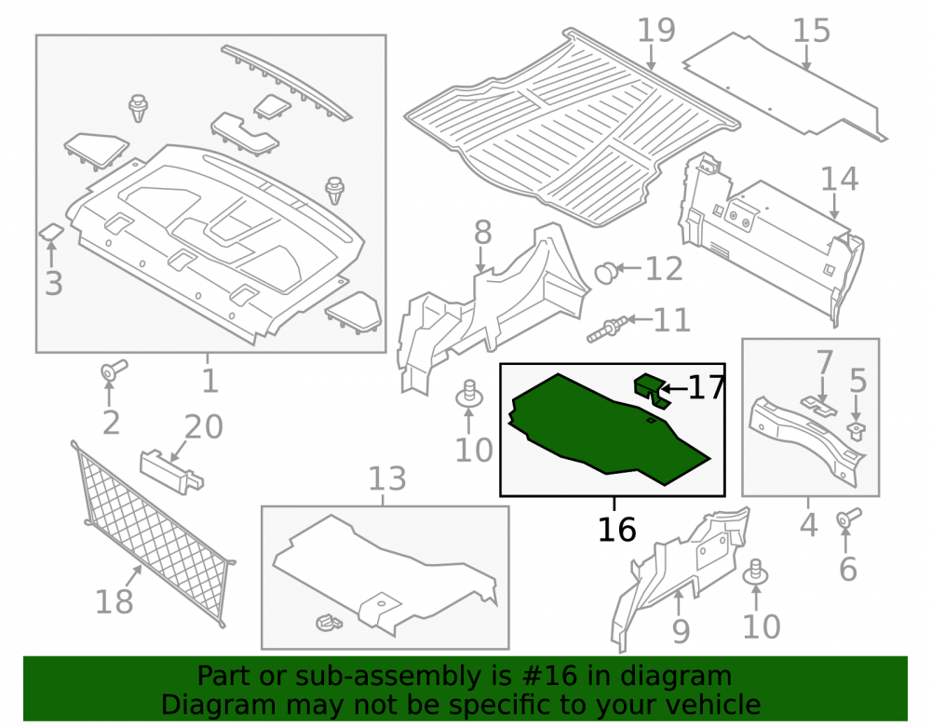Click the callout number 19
[x=656, y=31]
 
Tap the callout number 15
[x=812, y=31]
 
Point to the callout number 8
[x=482, y=232]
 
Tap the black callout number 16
[x=617, y=529]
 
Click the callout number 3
[x=54, y=283]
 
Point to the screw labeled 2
[x=113, y=370]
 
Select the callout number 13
[x=387, y=478]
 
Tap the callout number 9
[x=681, y=631]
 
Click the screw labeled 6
[x=849, y=518]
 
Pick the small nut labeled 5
[x=856, y=430]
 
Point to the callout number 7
[x=825, y=362]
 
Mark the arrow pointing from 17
[x=673, y=389]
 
